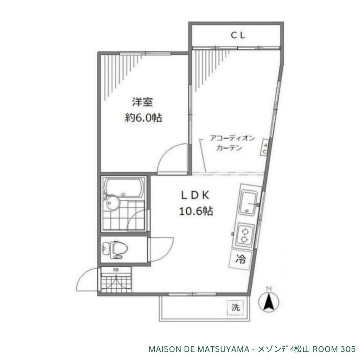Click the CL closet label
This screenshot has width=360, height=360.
click(238, 36)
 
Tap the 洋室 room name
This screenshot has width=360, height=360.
click(143, 102)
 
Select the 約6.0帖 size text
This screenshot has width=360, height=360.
click(143, 118)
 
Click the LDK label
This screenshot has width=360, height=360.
click(195, 195)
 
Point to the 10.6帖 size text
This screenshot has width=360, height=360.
click(196, 211)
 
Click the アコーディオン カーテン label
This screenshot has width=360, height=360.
click(232, 143)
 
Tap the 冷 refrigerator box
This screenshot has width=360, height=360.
click(240, 260)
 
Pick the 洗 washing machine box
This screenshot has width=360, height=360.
click(236, 307)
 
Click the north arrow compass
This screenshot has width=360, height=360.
click(269, 300)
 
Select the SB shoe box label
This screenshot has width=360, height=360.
click(116, 270)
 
